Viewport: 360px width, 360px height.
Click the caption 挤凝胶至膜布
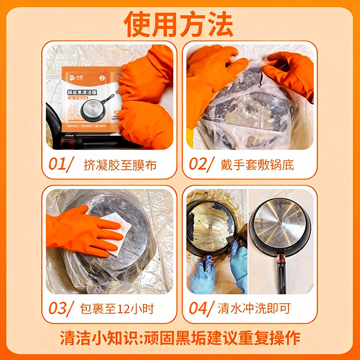(x=120, y=165)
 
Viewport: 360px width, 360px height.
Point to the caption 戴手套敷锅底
(x=257, y=165)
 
